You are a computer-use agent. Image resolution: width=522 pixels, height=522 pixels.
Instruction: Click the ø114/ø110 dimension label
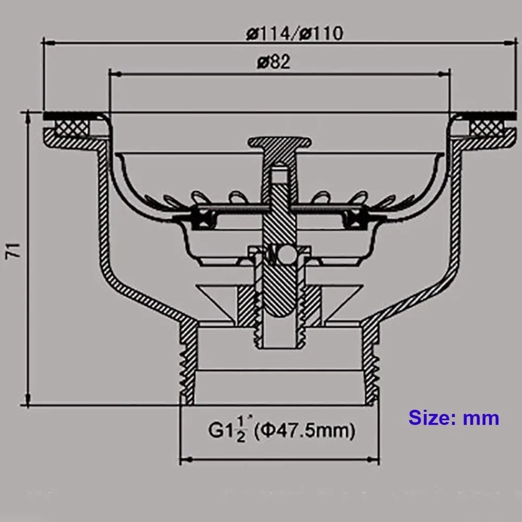(x=294, y=34)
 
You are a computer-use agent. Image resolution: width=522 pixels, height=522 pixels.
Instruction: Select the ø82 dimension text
(x=273, y=62)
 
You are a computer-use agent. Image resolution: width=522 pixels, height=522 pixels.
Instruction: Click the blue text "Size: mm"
(x=453, y=418)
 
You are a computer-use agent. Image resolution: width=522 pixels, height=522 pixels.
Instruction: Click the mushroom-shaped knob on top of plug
(x=280, y=142)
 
